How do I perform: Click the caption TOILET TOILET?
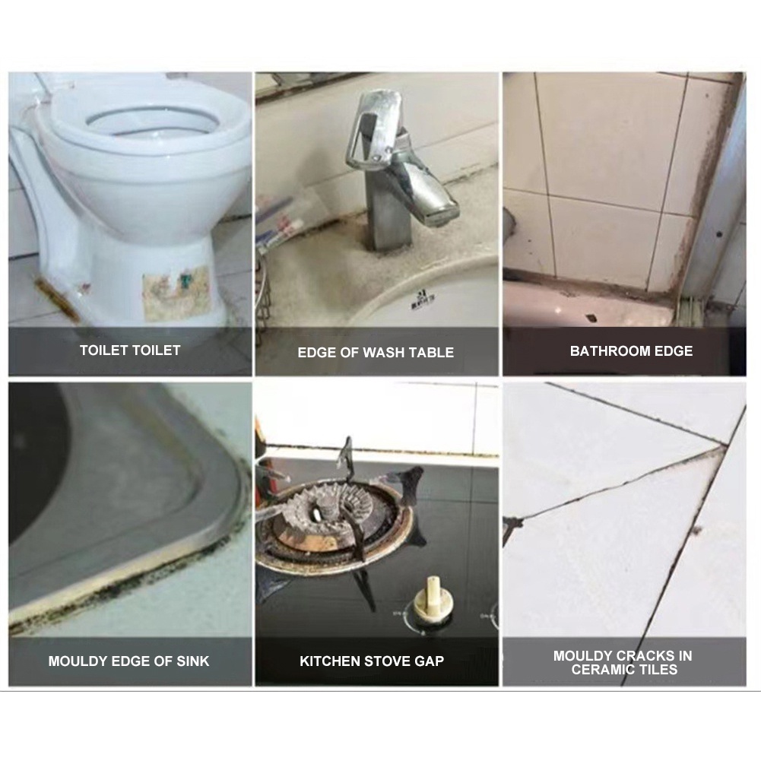130,350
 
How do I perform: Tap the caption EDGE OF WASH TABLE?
376,352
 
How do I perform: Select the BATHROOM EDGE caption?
631,351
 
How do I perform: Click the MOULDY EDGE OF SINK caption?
128,661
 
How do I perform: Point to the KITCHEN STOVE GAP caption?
372,661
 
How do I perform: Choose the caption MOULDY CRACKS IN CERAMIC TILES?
623,662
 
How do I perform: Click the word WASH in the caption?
379,352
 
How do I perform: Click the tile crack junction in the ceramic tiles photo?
723,445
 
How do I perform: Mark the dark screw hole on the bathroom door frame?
718,235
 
